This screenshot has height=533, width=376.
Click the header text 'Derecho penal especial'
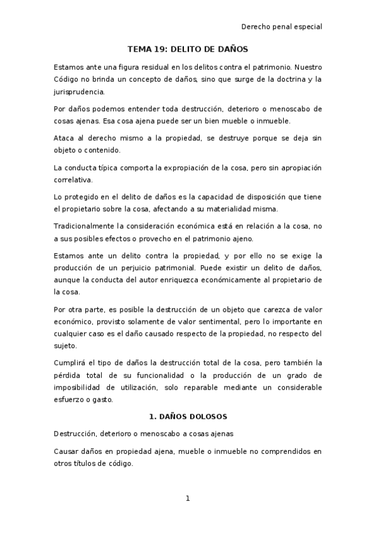pyautogui.click(x=281, y=27)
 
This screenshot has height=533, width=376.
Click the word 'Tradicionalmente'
pyautogui.click(x=84, y=226)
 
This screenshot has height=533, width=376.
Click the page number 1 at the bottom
pyautogui.click(x=187, y=498)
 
